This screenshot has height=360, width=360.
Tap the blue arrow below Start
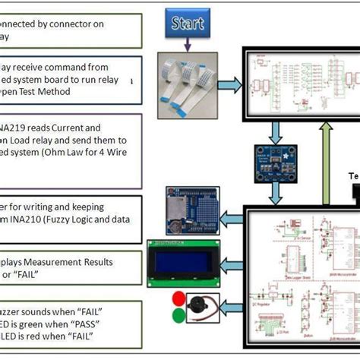click(x=185, y=48)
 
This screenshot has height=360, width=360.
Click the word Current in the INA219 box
click(x=84, y=128)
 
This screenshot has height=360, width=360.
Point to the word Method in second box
click(x=74, y=92)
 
